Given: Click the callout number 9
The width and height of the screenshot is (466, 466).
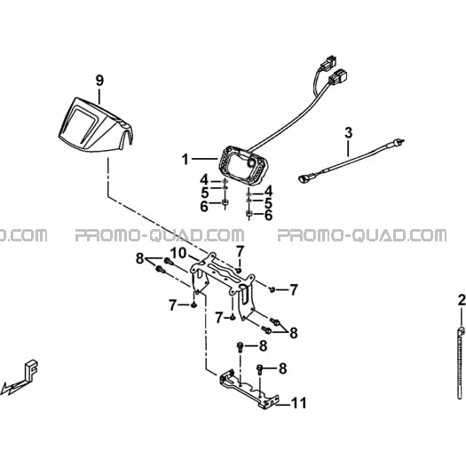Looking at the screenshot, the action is click(99, 81).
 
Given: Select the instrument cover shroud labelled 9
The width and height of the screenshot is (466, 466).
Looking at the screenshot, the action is click(96, 124).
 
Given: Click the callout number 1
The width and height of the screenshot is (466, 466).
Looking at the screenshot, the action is click(186, 160).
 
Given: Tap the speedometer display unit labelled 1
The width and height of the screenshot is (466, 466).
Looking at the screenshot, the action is click(244, 165).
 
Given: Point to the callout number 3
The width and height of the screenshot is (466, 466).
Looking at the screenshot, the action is click(348, 132).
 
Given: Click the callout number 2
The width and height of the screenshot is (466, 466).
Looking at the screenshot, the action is click(462, 301).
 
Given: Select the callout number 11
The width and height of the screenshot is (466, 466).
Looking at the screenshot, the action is click(298, 403).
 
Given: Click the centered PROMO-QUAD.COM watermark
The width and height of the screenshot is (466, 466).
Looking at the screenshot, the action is click(160, 235).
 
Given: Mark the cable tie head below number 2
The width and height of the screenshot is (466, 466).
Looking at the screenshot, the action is click(462, 330).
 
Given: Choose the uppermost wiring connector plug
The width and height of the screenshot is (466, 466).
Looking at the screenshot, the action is click(330, 61).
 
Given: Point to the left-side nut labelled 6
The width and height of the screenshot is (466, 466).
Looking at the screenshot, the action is click(225, 202).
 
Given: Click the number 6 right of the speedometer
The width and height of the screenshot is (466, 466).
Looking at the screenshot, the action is click(268, 216).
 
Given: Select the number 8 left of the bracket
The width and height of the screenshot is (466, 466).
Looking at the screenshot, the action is click(139, 258).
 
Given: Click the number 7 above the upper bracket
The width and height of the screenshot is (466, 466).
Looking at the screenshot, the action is click(240, 251).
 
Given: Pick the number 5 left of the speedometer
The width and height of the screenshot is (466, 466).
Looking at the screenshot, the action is click(205, 193).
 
